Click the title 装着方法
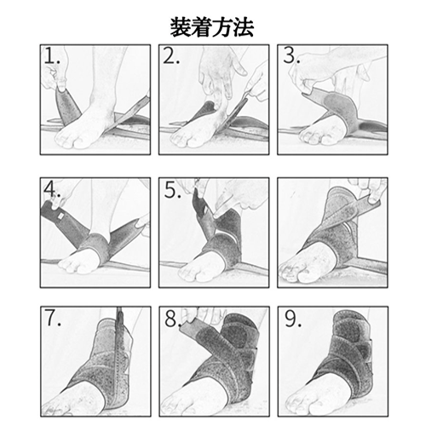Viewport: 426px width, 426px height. coord(212,27)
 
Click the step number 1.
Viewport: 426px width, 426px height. coord(52,56)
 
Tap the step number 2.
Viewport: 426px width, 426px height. coord(171,56)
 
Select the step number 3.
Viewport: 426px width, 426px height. coord(291,55)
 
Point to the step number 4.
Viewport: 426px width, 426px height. coord(52,189)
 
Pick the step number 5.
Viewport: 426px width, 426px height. coord(172,190)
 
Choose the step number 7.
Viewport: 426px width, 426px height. coord(53,318)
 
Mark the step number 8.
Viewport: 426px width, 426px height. coord(173,319)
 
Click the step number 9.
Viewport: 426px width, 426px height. coord(292,319)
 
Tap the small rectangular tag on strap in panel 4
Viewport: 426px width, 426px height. coord(61,216)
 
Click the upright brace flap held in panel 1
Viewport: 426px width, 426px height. coord(68,105)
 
